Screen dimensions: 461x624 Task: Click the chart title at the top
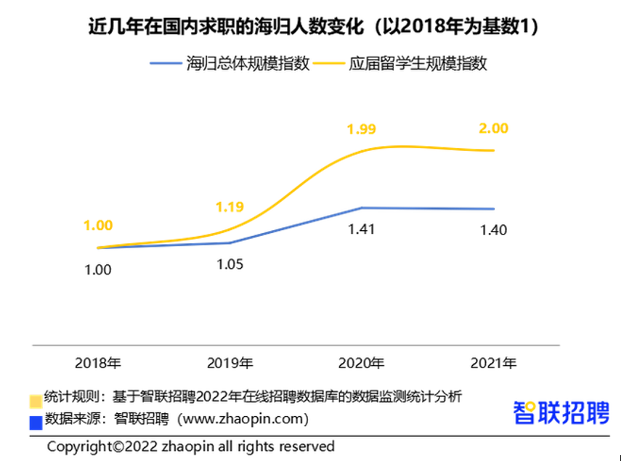tap(312, 27)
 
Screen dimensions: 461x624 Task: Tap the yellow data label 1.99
tap(362, 130)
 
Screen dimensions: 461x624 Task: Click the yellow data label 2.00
tap(494, 128)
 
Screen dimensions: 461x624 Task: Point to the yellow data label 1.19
tap(230, 207)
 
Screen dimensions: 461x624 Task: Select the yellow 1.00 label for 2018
tap(98, 226)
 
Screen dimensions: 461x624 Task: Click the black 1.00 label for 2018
tap(98, 269)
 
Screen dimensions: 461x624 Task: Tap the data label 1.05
tap(230, 264)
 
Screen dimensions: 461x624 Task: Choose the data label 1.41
tap(362, 231)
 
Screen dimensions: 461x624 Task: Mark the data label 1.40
tap(493, 231)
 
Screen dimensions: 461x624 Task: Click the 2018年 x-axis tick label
tap(98, 362)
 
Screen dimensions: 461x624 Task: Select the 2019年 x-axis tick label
tap(230, 362)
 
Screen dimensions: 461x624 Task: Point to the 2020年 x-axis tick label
tap(362, 362)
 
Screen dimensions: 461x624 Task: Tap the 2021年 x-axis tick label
tap(493, 362)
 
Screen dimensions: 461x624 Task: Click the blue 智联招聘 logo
tap(561, 413)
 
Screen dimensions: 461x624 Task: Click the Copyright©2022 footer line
tap(191, 446)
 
